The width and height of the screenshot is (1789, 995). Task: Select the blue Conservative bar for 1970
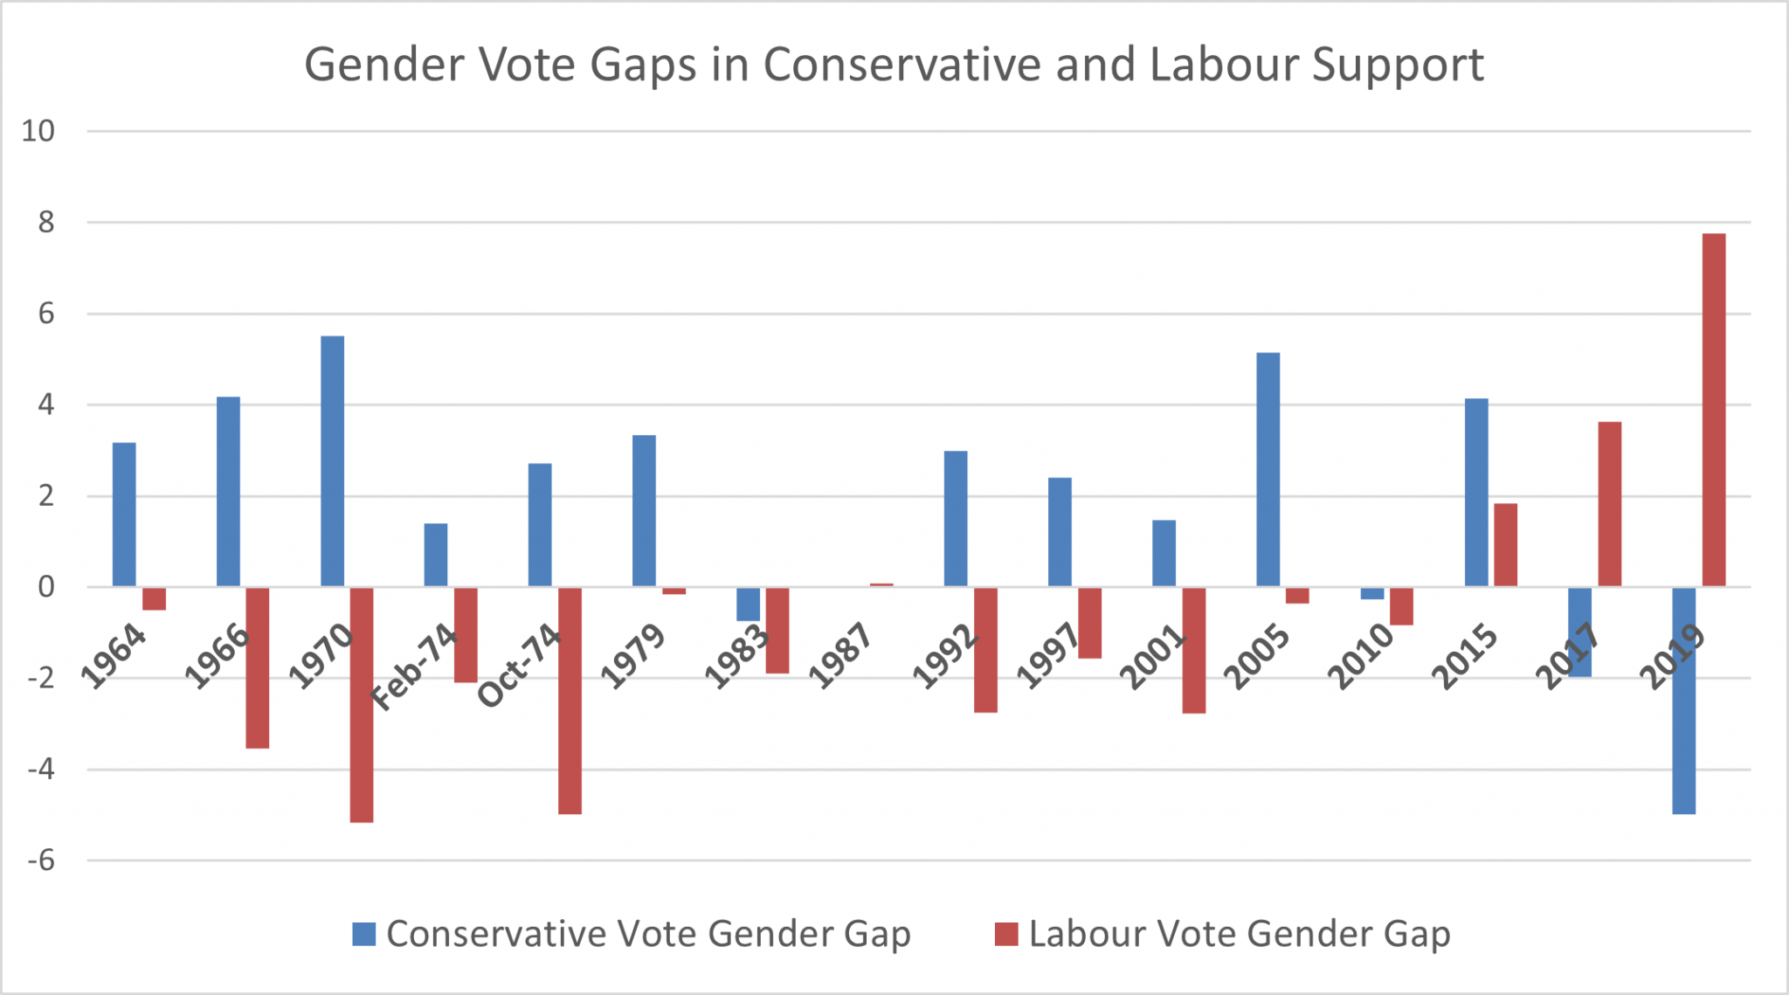(x=332, y=460)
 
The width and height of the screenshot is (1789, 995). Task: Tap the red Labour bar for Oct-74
(x=570, y=700)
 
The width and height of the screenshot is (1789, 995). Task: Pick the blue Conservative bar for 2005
(x=1267, y=469)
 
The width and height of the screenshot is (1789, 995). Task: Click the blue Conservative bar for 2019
(x=1683, y=700)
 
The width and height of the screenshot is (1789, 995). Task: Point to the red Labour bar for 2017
(x=1609, y=503)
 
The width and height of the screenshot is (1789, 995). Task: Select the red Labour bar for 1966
(x=257, y=667)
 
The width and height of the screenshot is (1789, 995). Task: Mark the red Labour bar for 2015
(x=1505, y=544)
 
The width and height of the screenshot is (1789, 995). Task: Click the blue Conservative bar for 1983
(x=748, y=604)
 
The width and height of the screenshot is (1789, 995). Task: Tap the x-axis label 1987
(x=840, y=656)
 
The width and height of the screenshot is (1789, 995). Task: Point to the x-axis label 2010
(x=1360, y=656)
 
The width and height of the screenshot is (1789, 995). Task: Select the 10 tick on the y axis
(x=38, y=131)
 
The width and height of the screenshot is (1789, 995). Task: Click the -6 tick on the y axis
(x=41, y=860)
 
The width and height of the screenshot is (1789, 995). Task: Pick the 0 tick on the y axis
(x=45, y=587)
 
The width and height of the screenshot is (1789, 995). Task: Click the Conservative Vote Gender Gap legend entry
(x=631, y=934)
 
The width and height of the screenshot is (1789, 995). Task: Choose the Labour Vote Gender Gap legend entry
(x=1223, y=934)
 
